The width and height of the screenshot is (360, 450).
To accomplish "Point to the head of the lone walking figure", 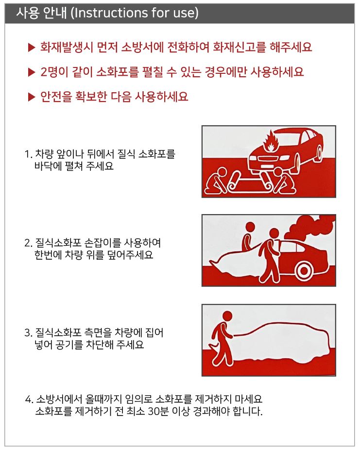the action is (x=227, y=317).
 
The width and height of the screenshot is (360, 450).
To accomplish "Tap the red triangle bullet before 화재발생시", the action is (x=31, y=48).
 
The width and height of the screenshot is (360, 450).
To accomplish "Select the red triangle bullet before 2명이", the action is (x=31, y=72).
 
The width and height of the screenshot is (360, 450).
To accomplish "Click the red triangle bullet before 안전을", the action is (x=31, y=97).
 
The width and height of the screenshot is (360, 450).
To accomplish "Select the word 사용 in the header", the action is (x=27, y=13).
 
